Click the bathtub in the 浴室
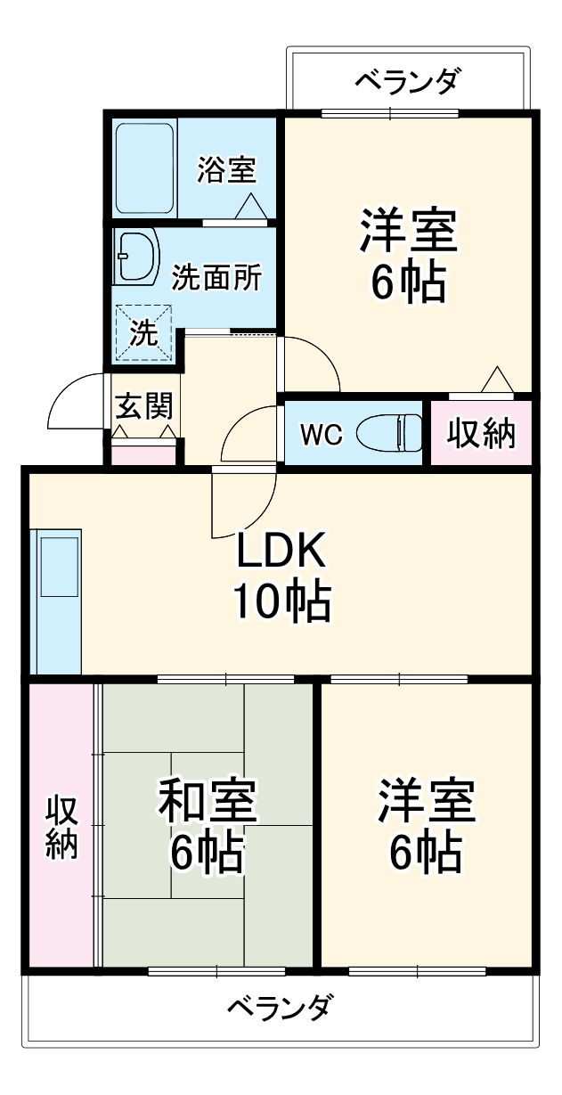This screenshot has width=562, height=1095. point(144,168)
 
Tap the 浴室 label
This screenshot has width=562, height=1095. point(225,169)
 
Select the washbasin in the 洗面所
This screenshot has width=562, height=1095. point(136,256)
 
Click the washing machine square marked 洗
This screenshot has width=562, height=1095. point(143,332)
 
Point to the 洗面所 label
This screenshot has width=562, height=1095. point(216,277)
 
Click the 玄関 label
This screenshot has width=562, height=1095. point(143,405)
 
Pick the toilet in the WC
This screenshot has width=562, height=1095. point(388,433)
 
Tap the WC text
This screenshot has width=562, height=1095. point(322,434)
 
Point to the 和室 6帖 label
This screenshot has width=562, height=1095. point(207,825)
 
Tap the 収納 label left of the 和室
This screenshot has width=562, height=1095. point(61,827)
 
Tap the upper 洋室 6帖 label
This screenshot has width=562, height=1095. point(408,255)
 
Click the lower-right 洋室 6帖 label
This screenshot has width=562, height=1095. point(426,825)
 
